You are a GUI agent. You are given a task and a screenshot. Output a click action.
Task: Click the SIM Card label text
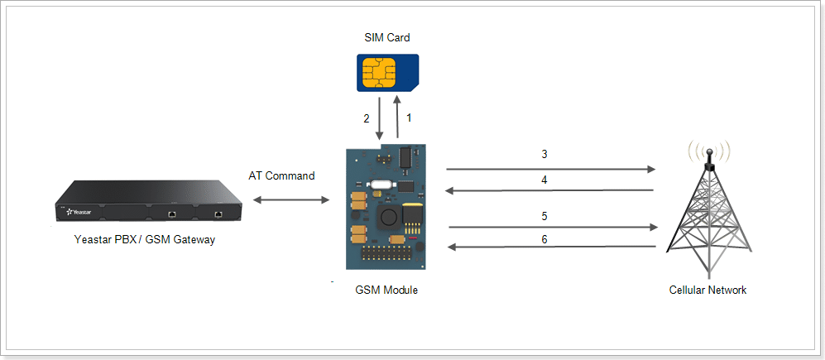386,37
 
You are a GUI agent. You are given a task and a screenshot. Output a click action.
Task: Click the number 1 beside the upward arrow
408,118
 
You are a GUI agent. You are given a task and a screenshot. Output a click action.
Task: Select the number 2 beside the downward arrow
366,118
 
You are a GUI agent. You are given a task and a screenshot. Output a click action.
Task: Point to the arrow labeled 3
550,169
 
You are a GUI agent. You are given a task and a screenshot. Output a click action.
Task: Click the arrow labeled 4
550,190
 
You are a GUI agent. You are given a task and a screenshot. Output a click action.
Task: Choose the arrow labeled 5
553,227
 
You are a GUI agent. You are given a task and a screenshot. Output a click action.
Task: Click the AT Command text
281,176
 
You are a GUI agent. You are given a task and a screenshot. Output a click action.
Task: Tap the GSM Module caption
386,290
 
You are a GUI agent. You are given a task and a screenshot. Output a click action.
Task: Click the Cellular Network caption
707,290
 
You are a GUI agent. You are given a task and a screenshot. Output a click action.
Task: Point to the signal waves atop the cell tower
709,151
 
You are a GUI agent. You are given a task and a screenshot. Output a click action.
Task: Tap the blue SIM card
387,73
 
